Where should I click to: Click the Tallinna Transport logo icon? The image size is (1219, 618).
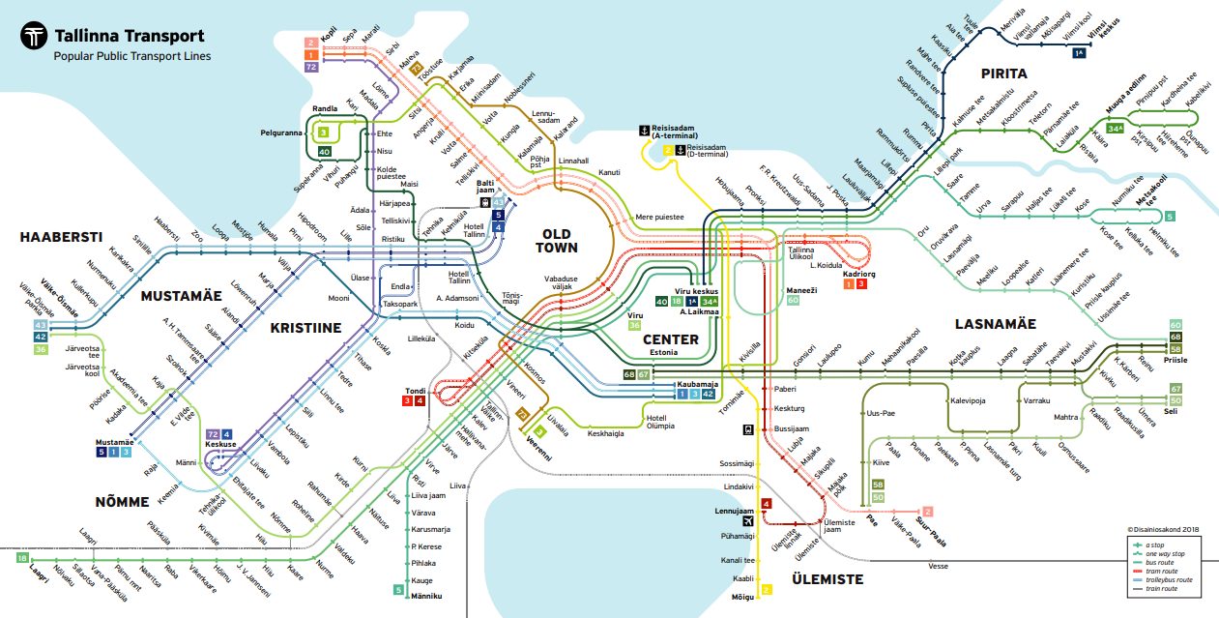click(36, 37)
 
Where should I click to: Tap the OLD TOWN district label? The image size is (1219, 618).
click(557, 241)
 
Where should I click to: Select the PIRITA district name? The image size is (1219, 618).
click(1003, 74)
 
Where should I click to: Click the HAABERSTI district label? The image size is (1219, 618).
click(60, 236)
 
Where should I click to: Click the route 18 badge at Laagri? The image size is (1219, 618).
click(22, 557)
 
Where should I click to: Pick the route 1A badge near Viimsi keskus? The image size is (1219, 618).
click(1078, 52)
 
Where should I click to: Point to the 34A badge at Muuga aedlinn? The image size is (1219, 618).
click(1116, 128)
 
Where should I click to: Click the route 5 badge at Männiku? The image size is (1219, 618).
click(398, 589)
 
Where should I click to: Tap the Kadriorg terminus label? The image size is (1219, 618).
click(858, 274)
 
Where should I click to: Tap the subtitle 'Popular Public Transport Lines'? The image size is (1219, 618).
click(132, 56)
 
